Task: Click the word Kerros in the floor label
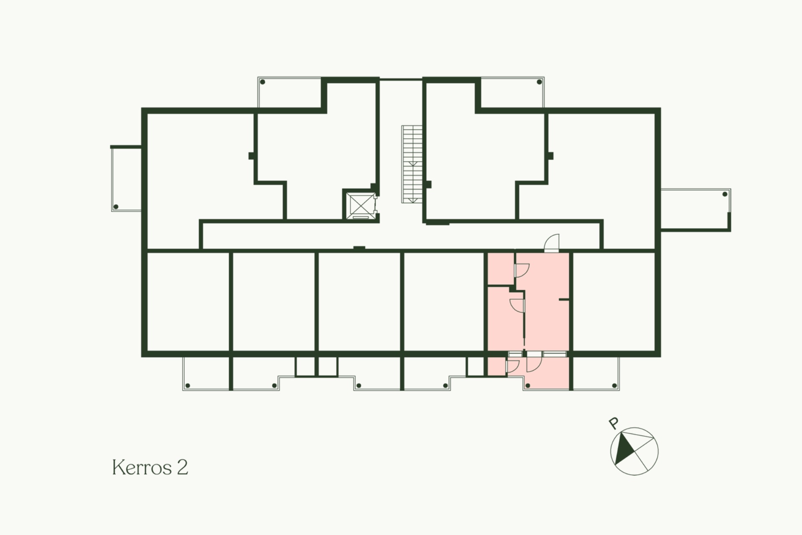(142, 467)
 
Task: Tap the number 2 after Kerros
(183, 467)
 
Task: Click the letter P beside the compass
(614, 423)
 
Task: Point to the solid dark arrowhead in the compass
(623, 449)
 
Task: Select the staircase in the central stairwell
(412, 164)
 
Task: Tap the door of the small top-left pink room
(522, 270)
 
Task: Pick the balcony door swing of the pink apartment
(534, 362)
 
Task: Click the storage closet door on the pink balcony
(513, 366)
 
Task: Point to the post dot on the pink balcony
(528, 385)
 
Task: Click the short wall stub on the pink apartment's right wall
(564, 300)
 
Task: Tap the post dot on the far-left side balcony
(116, 207)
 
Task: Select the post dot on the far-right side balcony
(725, 194)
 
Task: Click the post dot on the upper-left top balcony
(263, 82)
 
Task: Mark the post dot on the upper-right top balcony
(539, 82)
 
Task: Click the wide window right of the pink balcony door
(555, 354)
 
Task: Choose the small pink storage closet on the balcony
(497, 366)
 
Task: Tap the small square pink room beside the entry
(501, 269)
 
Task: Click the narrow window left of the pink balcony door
(515, 354)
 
